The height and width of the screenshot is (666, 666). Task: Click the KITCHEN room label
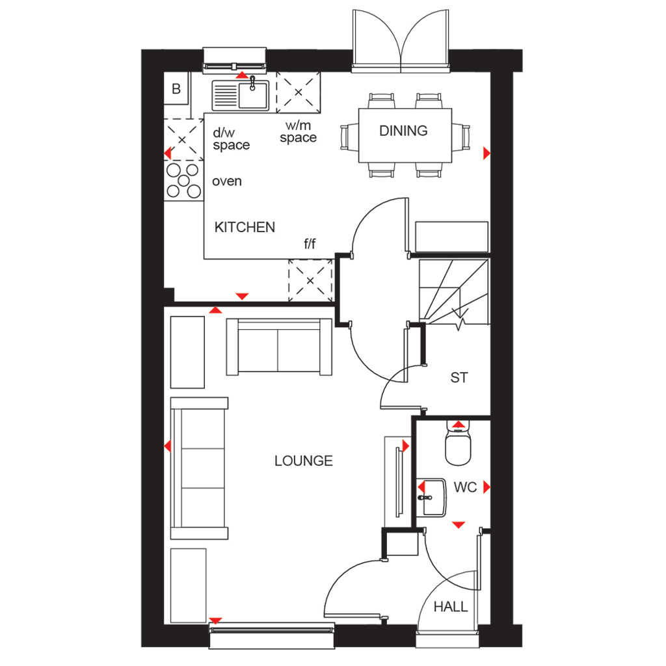click(x=245, y=227)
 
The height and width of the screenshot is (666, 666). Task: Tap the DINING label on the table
click(x=403, y=131)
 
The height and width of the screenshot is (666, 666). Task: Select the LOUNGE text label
click(x=303, y=461)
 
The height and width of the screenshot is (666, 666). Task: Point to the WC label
click(x=465, y=487)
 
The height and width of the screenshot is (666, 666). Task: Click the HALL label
click(x=451, y=607)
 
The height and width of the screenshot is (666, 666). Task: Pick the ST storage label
click(x=459, y=378)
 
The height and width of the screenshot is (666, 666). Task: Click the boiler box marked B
click(x=176, y=88)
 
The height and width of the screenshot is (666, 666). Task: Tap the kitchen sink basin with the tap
click(x=253, y=95)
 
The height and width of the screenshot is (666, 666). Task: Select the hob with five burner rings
click(x=183, y=181)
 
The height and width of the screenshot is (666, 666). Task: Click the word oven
click(x=227, y=181)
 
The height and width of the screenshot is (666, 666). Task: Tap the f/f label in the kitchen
click(x=310, y=243)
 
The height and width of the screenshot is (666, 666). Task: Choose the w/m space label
click(x=298, y=131)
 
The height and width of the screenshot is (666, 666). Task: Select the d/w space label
click(x=231, y=139)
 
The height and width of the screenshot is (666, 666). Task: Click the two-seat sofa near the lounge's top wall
click(x=279, y=347)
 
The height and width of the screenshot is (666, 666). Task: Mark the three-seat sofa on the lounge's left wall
click(x=199, y=468)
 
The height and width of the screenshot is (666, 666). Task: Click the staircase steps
click(x=453, y=292)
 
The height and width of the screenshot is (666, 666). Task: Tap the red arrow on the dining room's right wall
click(x=486, y=153)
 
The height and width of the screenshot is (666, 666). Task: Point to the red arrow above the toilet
click(x=459, y=424)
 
